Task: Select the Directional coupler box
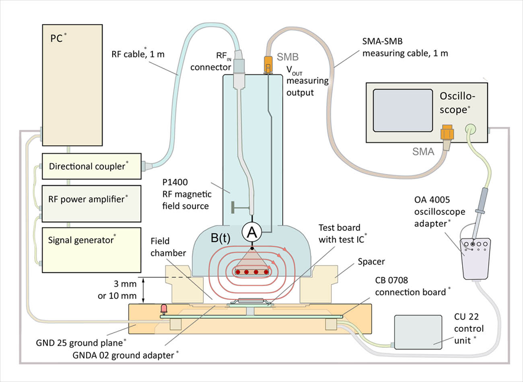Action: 91,166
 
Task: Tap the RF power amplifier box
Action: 91,199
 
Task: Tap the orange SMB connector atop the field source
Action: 267,62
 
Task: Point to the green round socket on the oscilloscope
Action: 470,127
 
